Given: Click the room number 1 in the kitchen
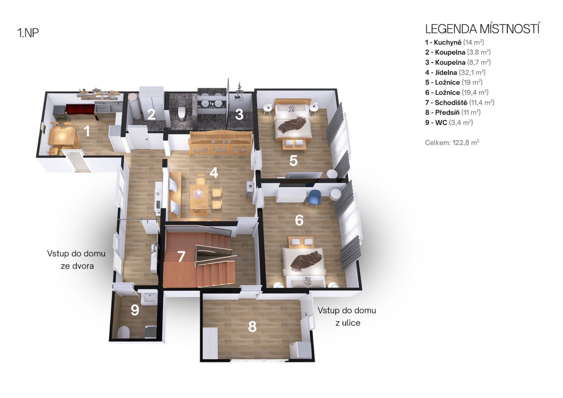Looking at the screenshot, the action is coord(87,131).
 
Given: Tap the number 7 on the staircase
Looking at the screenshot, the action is coord(181,256).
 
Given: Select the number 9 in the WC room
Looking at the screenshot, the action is coord(135,310).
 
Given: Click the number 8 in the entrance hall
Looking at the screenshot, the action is coord(252,327).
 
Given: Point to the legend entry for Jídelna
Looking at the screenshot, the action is coord(455,72).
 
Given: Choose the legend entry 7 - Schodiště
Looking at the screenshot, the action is coord(460,102).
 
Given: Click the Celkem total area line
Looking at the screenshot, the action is coord(452,143).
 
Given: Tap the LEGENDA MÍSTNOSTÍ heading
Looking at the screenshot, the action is coord(482,29).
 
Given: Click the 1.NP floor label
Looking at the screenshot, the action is coord(28,33).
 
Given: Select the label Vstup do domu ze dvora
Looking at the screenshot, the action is coord(76,259).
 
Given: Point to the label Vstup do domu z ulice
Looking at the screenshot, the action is coord(347,316).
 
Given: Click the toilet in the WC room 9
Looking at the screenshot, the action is coord(124,332).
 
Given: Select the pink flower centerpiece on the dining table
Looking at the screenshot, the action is coord(198,193).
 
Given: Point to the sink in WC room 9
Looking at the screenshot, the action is coord(149,298).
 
